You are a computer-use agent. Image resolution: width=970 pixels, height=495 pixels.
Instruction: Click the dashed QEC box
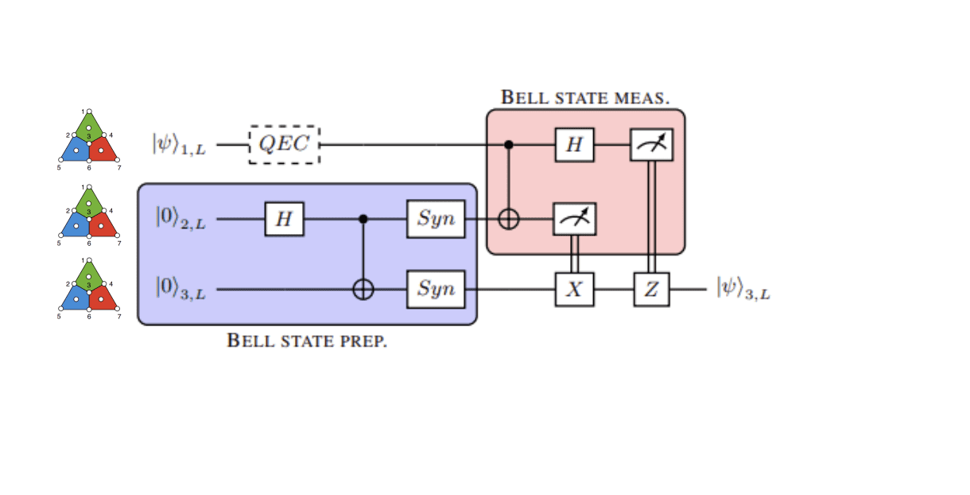tap(285, 145)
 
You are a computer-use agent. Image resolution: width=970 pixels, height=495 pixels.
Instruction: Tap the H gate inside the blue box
tap(284, 219)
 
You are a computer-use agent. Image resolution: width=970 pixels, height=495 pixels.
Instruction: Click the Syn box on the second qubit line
tap(435, 219)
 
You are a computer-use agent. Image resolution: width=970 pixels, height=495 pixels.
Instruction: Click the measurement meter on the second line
tap(574, 219)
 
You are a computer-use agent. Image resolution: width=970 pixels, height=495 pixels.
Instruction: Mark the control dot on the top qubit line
tap(510, 145)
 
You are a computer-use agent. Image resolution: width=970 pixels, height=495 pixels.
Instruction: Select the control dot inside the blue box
tap(363, 219)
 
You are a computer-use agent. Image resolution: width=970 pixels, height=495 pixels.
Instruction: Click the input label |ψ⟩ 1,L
tap(179, 145)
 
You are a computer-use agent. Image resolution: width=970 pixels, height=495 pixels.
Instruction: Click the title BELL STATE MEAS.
tap(584, 98)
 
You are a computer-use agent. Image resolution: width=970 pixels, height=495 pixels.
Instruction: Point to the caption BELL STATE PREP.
tap(307, 341)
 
